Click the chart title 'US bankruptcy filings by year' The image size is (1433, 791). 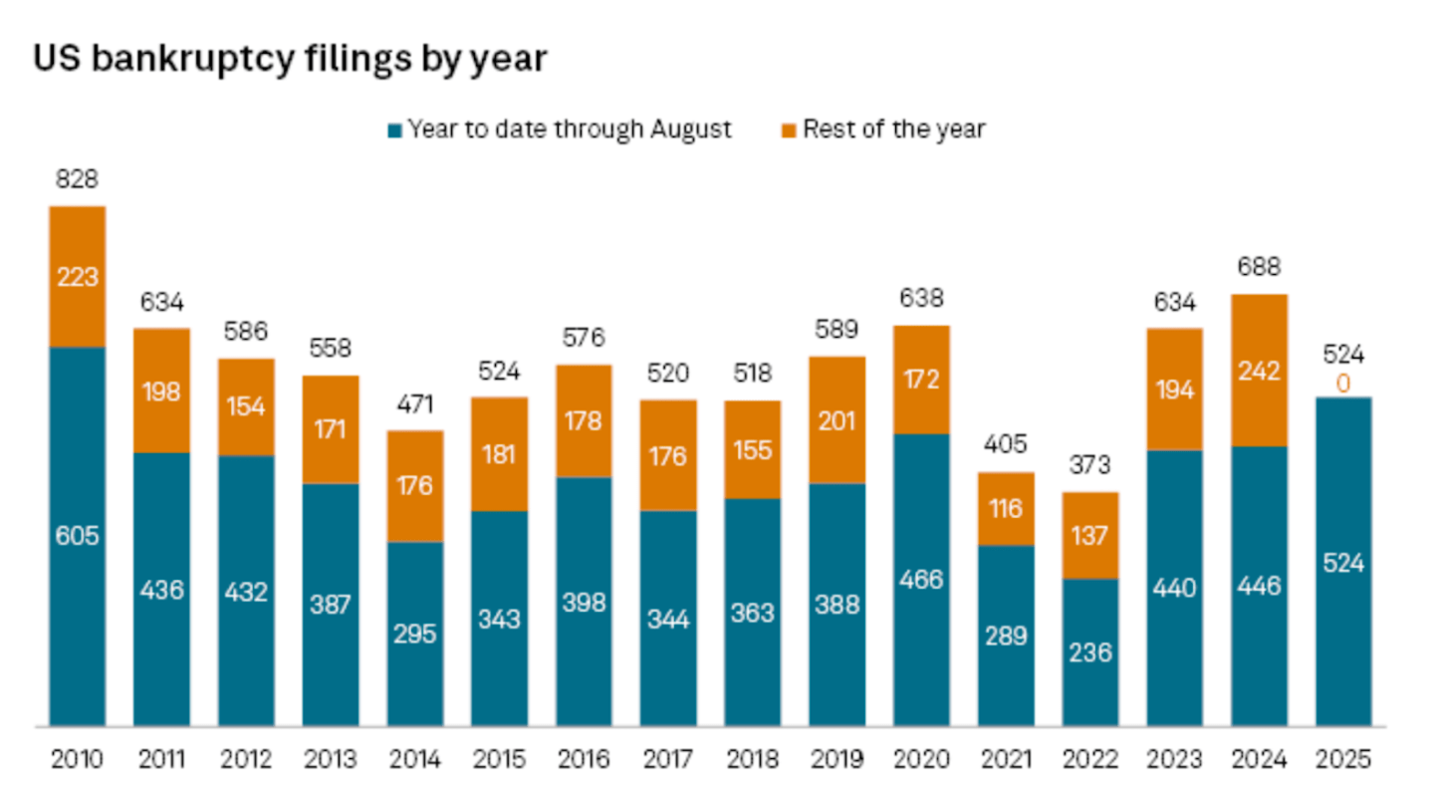pyautogui.click(x=290, y=59)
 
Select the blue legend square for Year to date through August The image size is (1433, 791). pyautogui.click(x=394, y=130)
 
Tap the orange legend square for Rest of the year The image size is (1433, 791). pyautogui.click(x=790, y=130)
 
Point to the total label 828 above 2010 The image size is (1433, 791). pyautogui.click(x=78, y=180)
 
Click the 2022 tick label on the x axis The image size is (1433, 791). pyautogui.click(x=1090, y=760)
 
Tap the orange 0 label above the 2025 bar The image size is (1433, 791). pyautogui.click(x=1343, y=383)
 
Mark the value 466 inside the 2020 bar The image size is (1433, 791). pyautogui.click(x=921, y=579)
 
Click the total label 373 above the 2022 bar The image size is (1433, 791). pyautogui.click(x=1090, y=465)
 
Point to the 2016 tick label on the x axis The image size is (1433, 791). pyautogui.click(x=584, y=760)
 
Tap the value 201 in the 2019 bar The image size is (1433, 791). pyautogui.click(x=836, y=420)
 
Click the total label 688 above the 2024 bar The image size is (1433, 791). pyautogui.click(x=1259, y=267)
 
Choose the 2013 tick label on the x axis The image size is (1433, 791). pyautogui.click(x=331, y=760)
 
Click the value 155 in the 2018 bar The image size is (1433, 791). pyautogui.click(x=753, y=450)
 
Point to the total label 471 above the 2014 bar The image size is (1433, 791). pyautogui.click(x=415, y=404)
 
